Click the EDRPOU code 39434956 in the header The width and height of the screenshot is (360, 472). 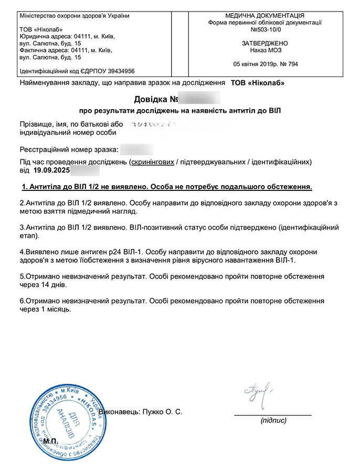coord(117,71)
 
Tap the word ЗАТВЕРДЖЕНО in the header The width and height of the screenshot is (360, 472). coord(264,44)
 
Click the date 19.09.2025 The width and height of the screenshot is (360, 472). coord(51,170)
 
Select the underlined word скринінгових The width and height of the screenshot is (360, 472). coord(152,162)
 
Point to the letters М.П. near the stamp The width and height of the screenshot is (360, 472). coord(51,442)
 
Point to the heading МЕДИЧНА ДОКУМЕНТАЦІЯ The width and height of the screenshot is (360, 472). coord(264,16)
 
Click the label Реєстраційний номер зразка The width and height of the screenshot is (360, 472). coord(69,149)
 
